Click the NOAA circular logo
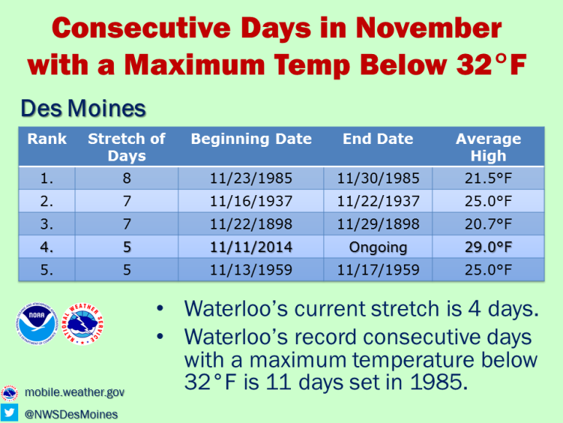36,324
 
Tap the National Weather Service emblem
82,324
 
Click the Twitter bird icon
9,413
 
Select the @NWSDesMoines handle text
71,414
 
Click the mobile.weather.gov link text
74,392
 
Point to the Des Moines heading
83,108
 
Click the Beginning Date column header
252,139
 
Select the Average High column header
489,147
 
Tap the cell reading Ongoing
378,247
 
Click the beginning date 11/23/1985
251,178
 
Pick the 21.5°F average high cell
489,178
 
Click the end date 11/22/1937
378,201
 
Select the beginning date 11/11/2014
251,247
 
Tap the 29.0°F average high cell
489,247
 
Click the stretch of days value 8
127,178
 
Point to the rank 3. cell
47,224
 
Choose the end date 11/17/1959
378,270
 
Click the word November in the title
429,28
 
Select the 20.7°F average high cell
489,224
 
